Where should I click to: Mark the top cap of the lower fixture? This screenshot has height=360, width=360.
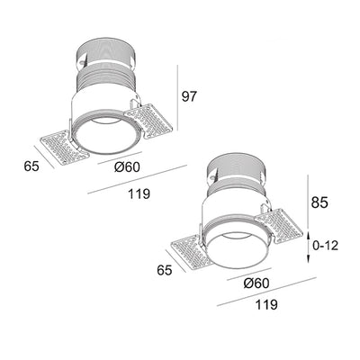coord(237,164)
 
